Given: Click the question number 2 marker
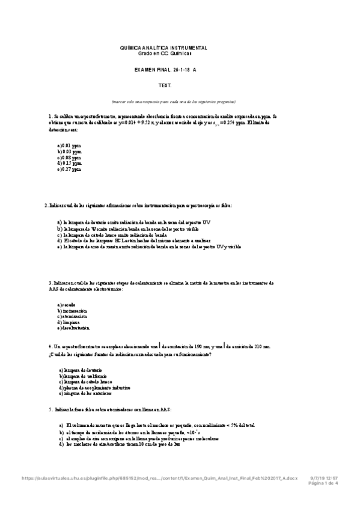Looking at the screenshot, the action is coord(47,206).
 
